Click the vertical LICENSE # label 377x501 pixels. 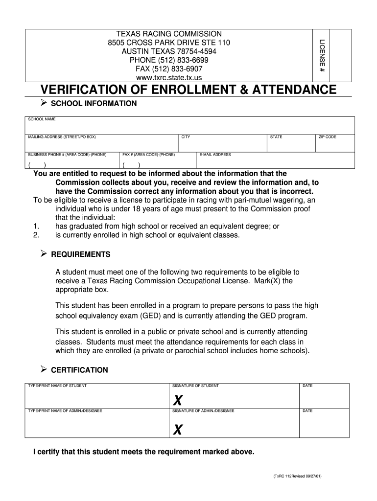coord(322,55)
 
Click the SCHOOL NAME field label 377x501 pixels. coord(42,119)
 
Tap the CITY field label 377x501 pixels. coord(186,137)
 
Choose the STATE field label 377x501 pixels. coord(276,137)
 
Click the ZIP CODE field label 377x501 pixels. coord(328,137)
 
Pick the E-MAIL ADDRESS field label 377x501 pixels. coord(215,155)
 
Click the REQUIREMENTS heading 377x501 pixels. coord(81,254)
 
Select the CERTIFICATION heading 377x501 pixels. coord(79,370)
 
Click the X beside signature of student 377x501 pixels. coord(178,401)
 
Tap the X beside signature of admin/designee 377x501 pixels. coord(178,430)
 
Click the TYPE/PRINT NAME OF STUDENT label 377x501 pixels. coord(57,386)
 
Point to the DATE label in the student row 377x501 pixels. coord(307,386)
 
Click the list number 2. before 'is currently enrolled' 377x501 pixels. coord(36,235)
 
